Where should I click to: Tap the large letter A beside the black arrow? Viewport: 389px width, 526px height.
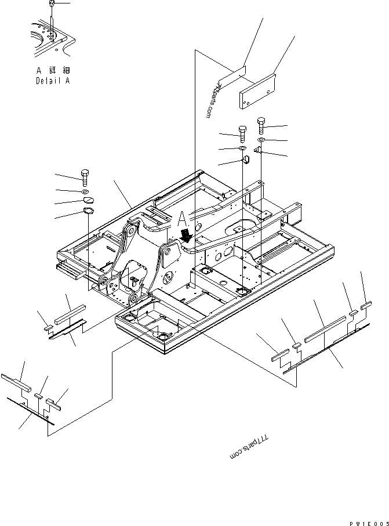click(x=183, y=219)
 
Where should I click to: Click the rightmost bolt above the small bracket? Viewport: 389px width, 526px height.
click(x=261, y=125)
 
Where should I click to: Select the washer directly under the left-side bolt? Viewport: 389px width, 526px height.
click(x=85, y=191)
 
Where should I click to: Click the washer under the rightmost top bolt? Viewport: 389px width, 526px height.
click(x=261, y=141)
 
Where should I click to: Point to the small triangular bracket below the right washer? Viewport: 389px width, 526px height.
click(x=258, y=152)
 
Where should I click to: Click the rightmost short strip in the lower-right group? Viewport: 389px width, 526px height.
click(x=366, y=303)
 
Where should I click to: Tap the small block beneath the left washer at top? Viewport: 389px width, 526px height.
click(x=244, y=159)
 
